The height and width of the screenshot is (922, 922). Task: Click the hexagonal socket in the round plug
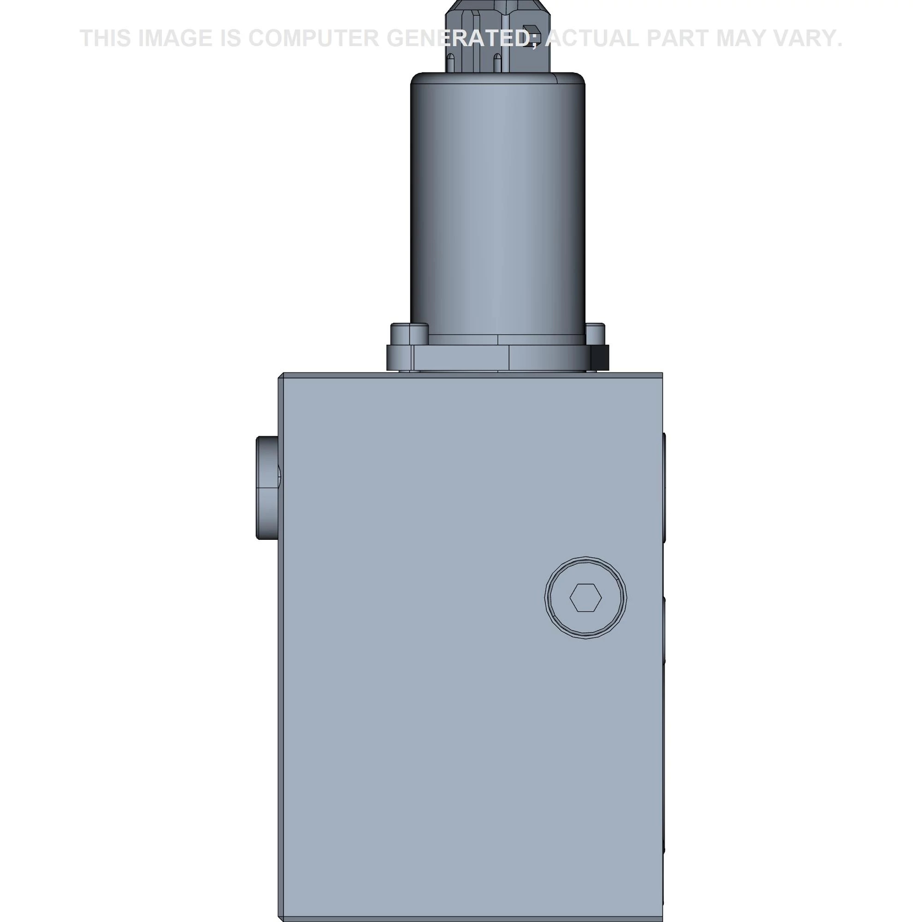pos(585,597)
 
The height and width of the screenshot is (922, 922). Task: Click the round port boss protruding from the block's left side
pos(268,488)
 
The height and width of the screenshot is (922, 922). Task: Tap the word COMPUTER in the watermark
pos(313,38)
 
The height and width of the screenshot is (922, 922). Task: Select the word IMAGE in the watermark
pos(175,38)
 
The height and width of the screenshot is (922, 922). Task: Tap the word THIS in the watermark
pos(106,38)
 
